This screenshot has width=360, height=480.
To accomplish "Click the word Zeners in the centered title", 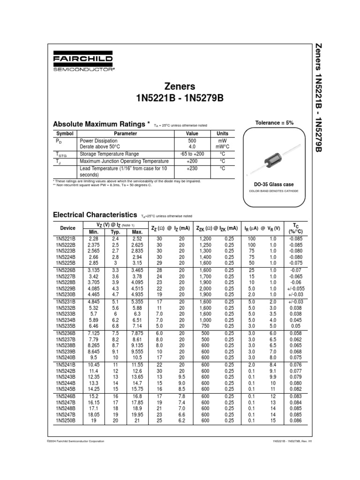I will [180, 87].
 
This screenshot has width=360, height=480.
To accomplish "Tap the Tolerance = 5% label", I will [274, 123].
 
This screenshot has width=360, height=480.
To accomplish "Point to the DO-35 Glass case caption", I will [274, 185].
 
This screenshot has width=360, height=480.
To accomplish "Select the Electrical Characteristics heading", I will [95, 215].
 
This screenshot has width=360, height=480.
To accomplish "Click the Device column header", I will [67, 228].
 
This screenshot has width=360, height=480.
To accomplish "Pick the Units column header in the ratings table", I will [222, 134].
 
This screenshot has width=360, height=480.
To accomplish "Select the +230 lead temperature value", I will [192, 168].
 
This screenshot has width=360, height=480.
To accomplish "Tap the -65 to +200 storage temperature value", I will [192, 154].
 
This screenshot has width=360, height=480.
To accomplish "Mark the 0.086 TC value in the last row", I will [296, 420].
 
